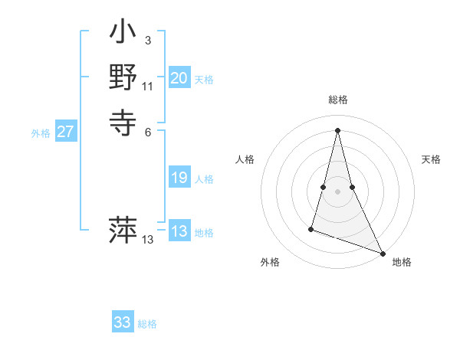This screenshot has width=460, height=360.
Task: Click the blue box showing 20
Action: (179, 78)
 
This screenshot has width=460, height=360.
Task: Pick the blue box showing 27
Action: (66, 132)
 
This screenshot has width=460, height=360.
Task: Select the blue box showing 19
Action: (179, 178)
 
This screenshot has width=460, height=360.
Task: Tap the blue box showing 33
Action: (123, 322)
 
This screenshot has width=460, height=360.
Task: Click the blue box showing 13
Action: (179, 231)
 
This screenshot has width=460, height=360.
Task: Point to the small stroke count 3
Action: (147, 40)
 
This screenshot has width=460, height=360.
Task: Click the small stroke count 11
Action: (148, 86)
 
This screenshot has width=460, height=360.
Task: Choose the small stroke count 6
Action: (147, 131)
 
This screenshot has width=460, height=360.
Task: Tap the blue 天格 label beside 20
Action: (204, 80)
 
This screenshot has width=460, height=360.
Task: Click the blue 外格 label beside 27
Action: (41, 133)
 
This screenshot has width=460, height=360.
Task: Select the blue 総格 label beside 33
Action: (147, 324)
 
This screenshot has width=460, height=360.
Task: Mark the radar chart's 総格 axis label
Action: (337, 100)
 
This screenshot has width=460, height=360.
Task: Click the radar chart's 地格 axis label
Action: (402, 263)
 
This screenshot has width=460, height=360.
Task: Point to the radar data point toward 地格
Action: (383, 253)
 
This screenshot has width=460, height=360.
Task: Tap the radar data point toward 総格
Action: (337, 129)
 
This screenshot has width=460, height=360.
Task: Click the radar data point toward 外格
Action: (311, 228)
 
